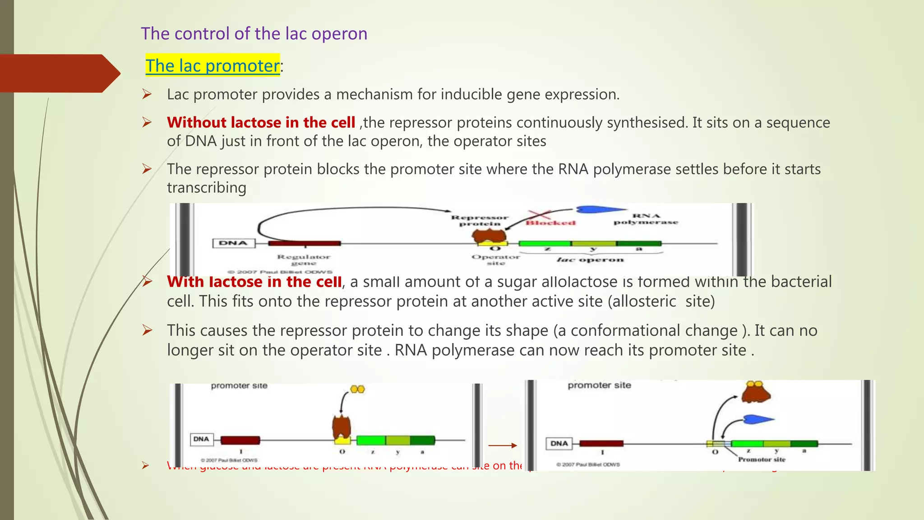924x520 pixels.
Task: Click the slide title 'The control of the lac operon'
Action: [254, 34]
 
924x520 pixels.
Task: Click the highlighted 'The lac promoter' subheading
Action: [212, 66]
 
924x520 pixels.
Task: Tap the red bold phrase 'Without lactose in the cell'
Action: [261, 122]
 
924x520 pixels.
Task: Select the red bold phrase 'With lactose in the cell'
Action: [254, 282]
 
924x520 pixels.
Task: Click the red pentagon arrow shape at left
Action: [59, 73]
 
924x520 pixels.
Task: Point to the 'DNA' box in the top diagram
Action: [233, 243]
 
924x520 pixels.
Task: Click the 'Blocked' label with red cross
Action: [550, 221]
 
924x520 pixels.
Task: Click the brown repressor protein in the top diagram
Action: [489, 235]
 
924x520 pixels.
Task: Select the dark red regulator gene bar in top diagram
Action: [304, 243]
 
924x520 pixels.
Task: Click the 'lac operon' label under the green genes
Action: [590, 260]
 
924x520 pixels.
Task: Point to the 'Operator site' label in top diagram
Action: [495, 260]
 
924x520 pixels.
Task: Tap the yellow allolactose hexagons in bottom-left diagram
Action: [357, 389]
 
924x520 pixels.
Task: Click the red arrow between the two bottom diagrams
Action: [502, 446]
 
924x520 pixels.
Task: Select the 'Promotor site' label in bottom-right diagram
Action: [762, 460]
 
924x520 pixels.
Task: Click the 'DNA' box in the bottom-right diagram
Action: [559, 443]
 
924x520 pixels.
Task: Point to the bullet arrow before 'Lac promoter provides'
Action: [147, 94]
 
